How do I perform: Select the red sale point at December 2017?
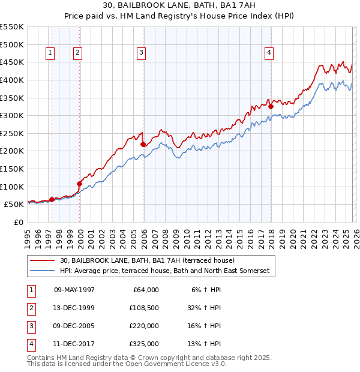coord(271,107)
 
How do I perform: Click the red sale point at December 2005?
coord(143,144)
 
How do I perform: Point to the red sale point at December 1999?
coord(80,184)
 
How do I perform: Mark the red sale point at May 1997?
coord(52,199)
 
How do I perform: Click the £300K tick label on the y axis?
coord(12,115)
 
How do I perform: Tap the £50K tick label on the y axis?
coord(14,205)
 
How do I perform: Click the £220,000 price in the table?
coord(144,326)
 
